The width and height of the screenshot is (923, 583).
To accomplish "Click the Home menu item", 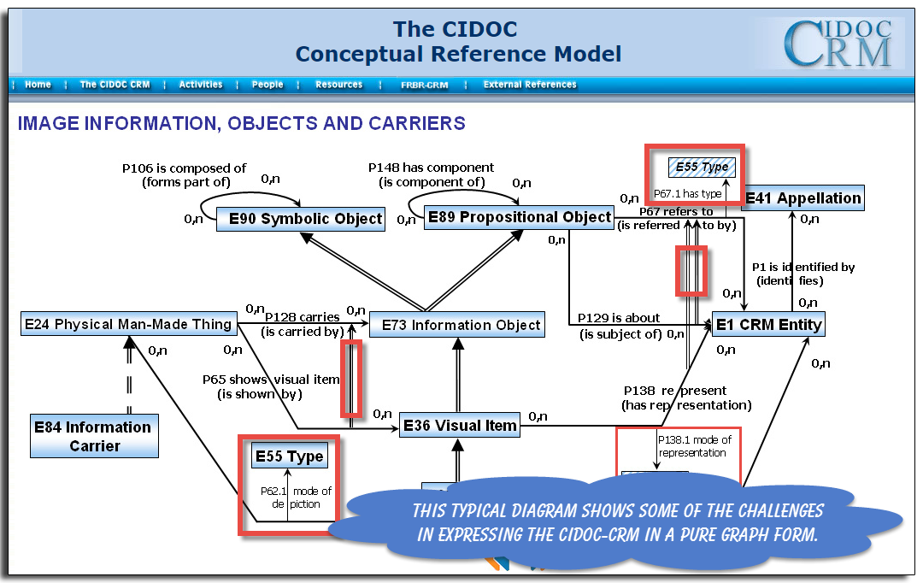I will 38,85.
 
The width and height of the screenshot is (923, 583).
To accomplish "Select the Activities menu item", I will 201,85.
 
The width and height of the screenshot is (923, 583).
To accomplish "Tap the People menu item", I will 267,85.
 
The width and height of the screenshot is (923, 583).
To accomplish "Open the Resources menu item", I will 338,85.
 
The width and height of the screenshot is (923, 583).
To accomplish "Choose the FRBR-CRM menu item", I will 424,85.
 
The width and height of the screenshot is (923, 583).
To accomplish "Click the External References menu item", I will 530,85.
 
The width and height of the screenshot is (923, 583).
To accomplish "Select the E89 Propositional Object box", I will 520,217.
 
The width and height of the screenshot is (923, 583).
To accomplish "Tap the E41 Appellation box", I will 803,198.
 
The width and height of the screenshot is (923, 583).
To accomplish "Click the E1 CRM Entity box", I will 768,324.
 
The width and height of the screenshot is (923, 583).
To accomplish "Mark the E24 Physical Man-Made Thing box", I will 128,324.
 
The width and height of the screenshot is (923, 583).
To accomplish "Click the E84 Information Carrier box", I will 93,436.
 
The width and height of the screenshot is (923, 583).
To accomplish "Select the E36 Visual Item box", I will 460,425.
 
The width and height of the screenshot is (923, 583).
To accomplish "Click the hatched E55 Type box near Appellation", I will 702,168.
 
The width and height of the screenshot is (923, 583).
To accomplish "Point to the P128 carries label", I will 303,317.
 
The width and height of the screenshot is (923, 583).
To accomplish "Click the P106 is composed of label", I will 183,168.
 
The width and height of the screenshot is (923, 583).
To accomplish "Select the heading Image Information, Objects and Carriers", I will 242,123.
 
